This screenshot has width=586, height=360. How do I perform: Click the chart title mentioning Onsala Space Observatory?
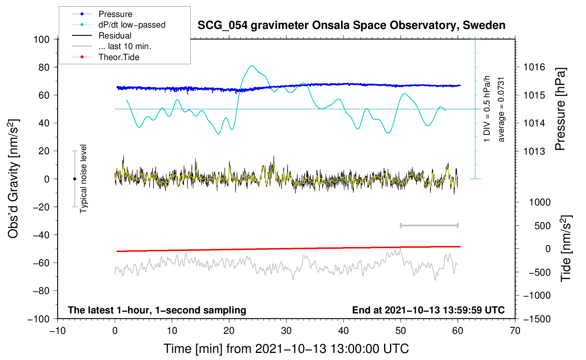pyautogui.click(x=351, y=25)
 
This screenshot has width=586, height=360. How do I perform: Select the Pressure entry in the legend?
pyautogui.click(x=115, y=14)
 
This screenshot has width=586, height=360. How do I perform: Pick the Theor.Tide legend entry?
pyautogui.click(x=119, y=57)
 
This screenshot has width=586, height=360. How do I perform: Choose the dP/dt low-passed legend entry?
pyautogui.click(x=132, y=25)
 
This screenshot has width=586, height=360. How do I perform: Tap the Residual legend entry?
pyautogui.click(x=115, y=36)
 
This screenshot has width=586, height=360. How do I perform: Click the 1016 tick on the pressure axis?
pyautogui.click(x=534, y=67)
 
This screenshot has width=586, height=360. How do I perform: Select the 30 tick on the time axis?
pyautogui.click(x=286, y=331)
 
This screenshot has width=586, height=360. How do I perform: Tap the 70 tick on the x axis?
pyautogui.click(x=515, y=331)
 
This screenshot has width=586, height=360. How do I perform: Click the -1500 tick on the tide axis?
pyautogui.click(x=537, y=319)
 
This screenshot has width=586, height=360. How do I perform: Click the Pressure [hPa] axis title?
pyautogui.click(x=560, y=109)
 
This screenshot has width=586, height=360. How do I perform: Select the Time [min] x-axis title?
pyautogui.click(x=286, y=349)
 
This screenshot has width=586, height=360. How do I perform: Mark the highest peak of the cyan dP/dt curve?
pyautogui.click(x=251, y=66)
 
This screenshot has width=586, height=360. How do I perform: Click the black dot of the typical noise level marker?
pyautogui.click(x=74, y=179)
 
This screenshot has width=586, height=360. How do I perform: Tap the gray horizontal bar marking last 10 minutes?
pyautogui.click(x=429, y=226)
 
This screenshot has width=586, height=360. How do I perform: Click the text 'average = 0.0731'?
pyautogui.click(x=501, y=109)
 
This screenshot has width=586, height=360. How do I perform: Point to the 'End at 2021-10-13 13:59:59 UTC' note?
pyautogui.click(x=428, y=310)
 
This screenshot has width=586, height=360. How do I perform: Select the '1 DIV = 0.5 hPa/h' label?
pyautogui.click(x=487, y=109)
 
